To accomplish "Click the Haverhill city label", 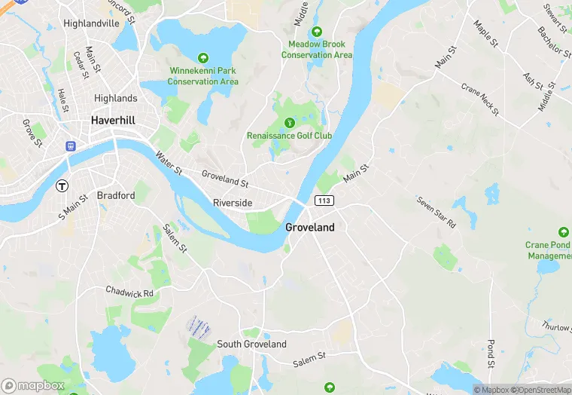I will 113,120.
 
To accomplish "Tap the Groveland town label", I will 310,227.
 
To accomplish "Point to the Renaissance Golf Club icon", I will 290,123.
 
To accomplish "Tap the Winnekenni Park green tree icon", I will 202,58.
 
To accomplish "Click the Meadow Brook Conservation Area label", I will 317,50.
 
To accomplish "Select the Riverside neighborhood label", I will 233,204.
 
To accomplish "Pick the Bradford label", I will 116,195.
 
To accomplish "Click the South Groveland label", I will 251,344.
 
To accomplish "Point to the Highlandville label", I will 92,23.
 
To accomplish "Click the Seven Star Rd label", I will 437,213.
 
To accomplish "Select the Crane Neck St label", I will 480,100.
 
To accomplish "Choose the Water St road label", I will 169,164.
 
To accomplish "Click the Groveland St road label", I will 225,179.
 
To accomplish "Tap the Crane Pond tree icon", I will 563,231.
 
